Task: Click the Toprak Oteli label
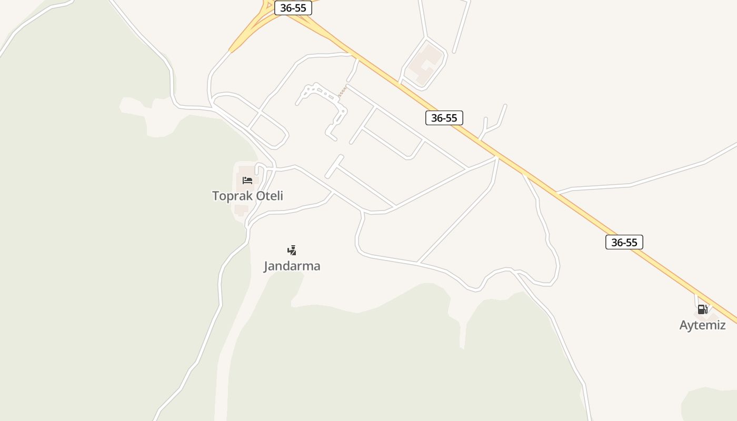[247, 196]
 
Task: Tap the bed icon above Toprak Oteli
[247, 181]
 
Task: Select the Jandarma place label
[292, 266]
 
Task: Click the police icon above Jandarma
[292, 250]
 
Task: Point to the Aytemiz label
[702, 325]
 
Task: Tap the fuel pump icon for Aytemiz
[702, 309]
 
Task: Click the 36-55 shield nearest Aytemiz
[624, 242]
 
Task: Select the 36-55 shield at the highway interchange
[293, 8]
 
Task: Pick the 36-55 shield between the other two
[444, 118]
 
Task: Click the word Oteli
[266, 196]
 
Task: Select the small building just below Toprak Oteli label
[241, 210]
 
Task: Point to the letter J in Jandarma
[266, 266]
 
